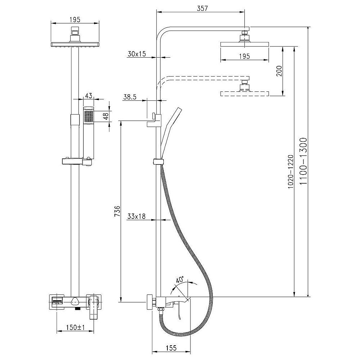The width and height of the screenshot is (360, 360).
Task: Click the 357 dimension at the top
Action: (x=202, y=8)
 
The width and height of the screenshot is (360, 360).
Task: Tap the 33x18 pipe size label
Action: (x=136, y=216)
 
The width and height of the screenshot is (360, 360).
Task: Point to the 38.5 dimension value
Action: (x=130, y=97)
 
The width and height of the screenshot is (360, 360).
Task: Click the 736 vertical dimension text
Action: (x=117, y=211)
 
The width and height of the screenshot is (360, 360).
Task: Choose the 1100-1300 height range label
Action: (x=303, y=161)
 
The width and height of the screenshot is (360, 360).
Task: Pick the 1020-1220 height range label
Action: (x=291, y=172)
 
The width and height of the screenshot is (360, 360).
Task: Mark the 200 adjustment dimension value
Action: (x=279, y=71)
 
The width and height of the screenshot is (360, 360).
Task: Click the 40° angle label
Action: (x=180, y=280)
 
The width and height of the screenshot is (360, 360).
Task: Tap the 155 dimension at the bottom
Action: (x=171, y=348)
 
